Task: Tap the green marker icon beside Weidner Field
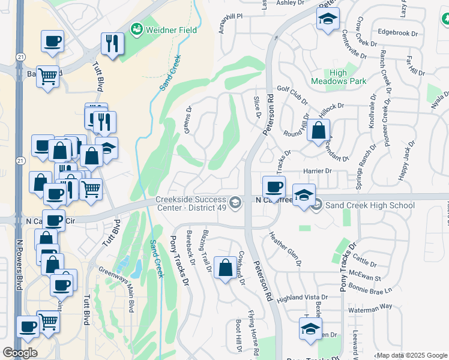coord(137,29)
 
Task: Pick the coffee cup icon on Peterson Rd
coord(274,186)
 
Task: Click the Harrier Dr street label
coord(318,171)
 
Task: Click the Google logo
coord(20,353)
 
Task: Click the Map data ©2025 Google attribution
coord(411,355)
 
